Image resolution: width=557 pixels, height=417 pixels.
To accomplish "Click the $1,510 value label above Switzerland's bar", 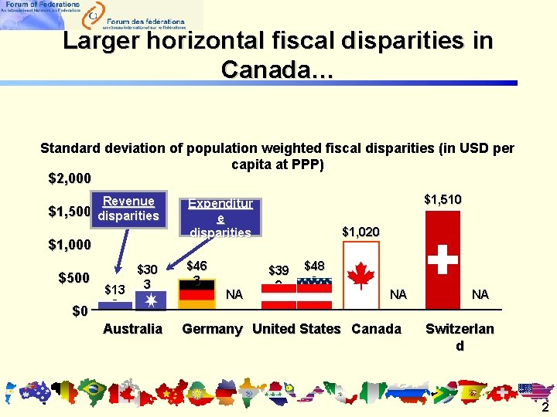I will (443, 199).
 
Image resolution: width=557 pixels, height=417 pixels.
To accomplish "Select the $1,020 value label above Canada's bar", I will (361, 231).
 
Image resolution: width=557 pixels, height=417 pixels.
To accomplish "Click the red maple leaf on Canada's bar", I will (361, 274).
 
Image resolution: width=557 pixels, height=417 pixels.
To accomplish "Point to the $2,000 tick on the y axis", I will (70, 179).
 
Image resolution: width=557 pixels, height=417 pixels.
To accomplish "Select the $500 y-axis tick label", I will (75, 278).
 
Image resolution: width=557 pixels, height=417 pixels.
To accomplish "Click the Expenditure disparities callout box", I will (220, 217).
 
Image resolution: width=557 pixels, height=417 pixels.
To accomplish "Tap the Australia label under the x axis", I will (132, 329).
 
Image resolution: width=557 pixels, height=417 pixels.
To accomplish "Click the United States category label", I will (296, 329).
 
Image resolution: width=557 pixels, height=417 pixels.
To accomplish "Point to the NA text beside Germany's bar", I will (234, 294).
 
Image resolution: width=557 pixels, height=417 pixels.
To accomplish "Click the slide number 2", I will (545, 408).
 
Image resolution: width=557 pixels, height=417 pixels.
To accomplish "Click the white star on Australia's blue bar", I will (146, 297).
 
